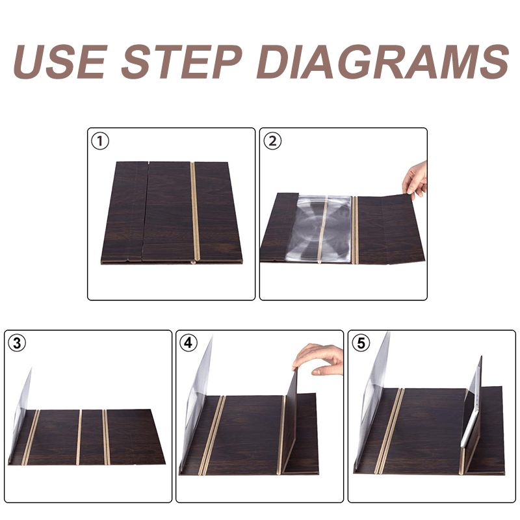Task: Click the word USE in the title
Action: coord(60,62)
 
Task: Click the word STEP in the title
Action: coord(182,62)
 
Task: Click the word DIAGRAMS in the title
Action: coord(383,62)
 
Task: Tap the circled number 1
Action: coord(100,141)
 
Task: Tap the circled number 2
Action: coord(272,141)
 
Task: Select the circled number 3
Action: coord(17,343)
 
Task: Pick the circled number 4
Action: coord(188,343)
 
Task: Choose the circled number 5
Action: coord(361,343)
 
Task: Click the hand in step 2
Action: coord(415,180)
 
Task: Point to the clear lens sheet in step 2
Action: coord(319,229)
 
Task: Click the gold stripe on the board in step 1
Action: coord(194,213)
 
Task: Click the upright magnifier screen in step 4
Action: coord(197,401)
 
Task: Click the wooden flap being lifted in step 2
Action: coord(391,229)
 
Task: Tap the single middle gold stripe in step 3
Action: coord(79,437)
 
